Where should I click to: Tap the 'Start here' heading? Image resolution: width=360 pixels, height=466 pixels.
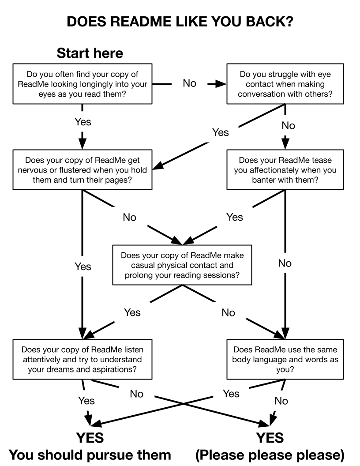[90, 54]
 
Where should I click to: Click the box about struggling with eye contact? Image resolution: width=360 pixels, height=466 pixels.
[285, 84]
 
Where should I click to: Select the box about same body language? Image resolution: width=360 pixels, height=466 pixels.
[285, 359]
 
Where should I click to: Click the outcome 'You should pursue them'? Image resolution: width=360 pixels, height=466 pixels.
[90, 455]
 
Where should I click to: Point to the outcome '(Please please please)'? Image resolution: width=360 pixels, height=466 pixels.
[270, 455]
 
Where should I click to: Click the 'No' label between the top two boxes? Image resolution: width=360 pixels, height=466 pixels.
[189, 83]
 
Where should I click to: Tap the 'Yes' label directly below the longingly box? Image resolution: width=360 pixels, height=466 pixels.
[82, 121]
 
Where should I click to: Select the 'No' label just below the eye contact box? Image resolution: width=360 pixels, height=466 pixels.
[288, 126]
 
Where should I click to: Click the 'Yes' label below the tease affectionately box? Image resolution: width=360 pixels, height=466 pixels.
[234, 217]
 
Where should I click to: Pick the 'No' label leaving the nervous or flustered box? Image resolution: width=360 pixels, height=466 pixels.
[129, 218]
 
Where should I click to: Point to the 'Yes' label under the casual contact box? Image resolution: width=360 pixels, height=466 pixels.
[132, 312]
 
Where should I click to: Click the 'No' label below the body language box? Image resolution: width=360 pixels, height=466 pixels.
[281, 401]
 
